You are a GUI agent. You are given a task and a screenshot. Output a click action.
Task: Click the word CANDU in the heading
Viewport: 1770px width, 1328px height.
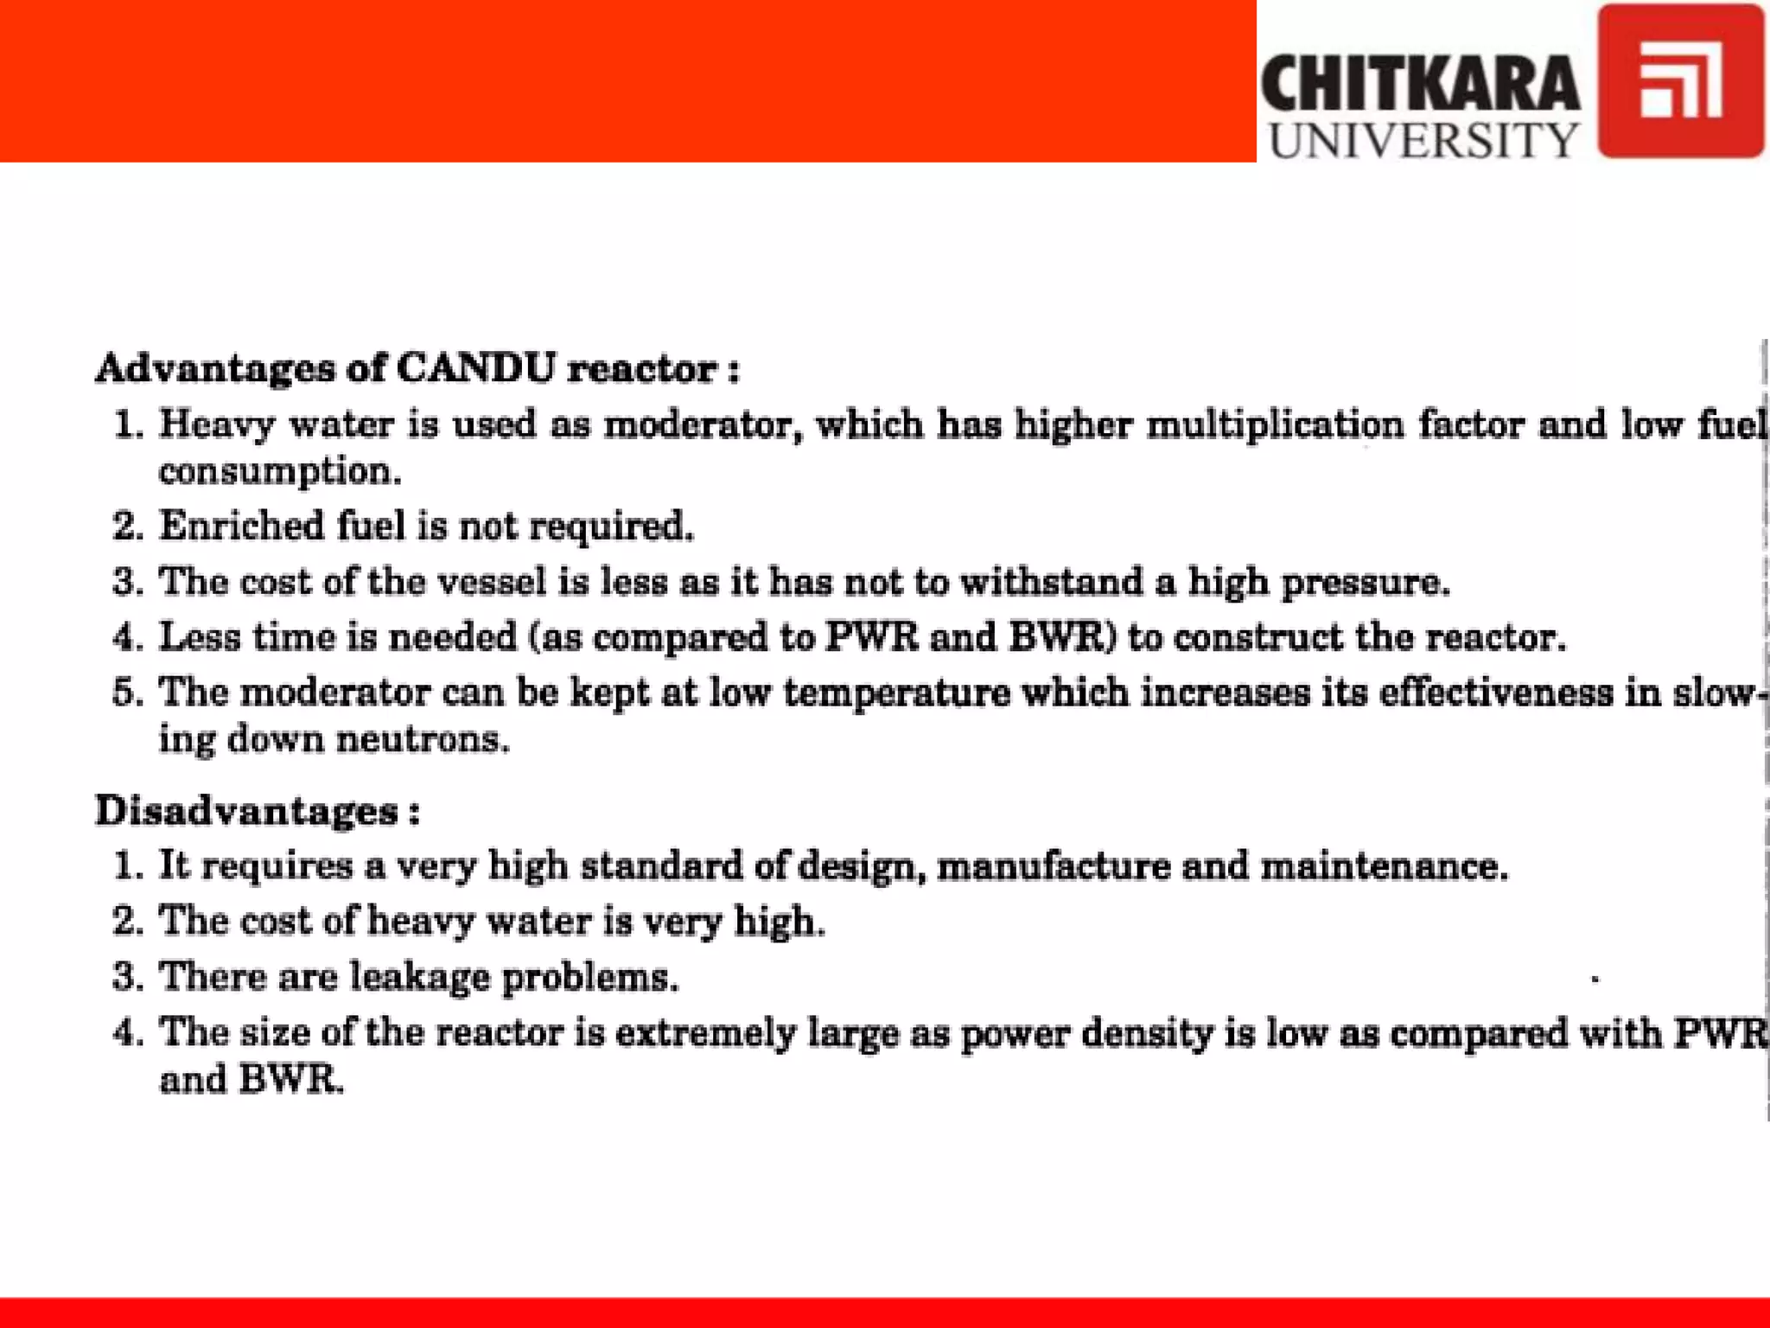point(475,368)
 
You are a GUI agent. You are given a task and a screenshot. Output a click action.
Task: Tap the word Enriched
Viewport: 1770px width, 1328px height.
point(240,526)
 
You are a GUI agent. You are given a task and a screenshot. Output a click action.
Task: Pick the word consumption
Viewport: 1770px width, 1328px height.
point(280,472)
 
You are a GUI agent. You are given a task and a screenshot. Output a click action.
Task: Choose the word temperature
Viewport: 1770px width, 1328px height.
point(896,693)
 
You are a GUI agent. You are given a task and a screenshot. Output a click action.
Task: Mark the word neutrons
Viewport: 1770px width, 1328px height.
point(423,740)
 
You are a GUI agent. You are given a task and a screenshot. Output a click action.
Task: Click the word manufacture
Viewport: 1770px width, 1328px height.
point(1054,866)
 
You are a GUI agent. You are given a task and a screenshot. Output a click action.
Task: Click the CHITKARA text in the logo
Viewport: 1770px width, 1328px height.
point(1420,82)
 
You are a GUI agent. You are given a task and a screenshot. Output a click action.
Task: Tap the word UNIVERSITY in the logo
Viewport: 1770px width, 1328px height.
point(1423,140)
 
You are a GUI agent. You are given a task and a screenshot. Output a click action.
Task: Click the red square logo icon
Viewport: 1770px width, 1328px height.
point(1680,80)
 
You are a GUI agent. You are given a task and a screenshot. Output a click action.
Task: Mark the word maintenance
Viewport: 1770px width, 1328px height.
point(1384,866)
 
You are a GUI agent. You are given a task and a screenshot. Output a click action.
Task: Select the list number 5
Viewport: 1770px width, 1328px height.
point(126,693)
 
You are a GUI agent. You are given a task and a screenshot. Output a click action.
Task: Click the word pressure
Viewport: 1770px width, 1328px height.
point(1365,581)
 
